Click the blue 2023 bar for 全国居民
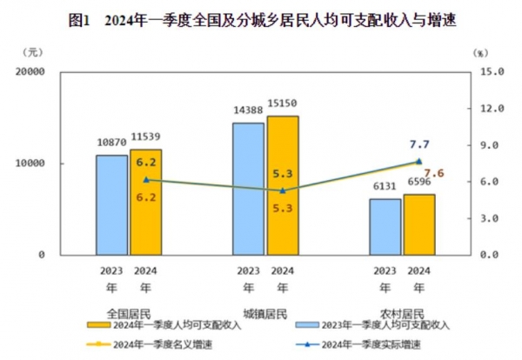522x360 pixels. click(x=110, y=204)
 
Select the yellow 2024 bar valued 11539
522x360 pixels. click(x=145, y=201)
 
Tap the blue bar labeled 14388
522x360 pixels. click(x=248, y=188)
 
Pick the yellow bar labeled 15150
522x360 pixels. click(x=283, y=184)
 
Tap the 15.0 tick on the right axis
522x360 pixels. click(x=494, y=72)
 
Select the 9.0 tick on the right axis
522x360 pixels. click(x=494, y=145)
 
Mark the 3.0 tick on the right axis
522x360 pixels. click(x=494, y=218)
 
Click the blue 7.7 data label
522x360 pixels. click(x=419, y=143)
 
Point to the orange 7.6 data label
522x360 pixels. click(x=435, y=174)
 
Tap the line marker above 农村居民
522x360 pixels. click(x=418, y=161)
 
